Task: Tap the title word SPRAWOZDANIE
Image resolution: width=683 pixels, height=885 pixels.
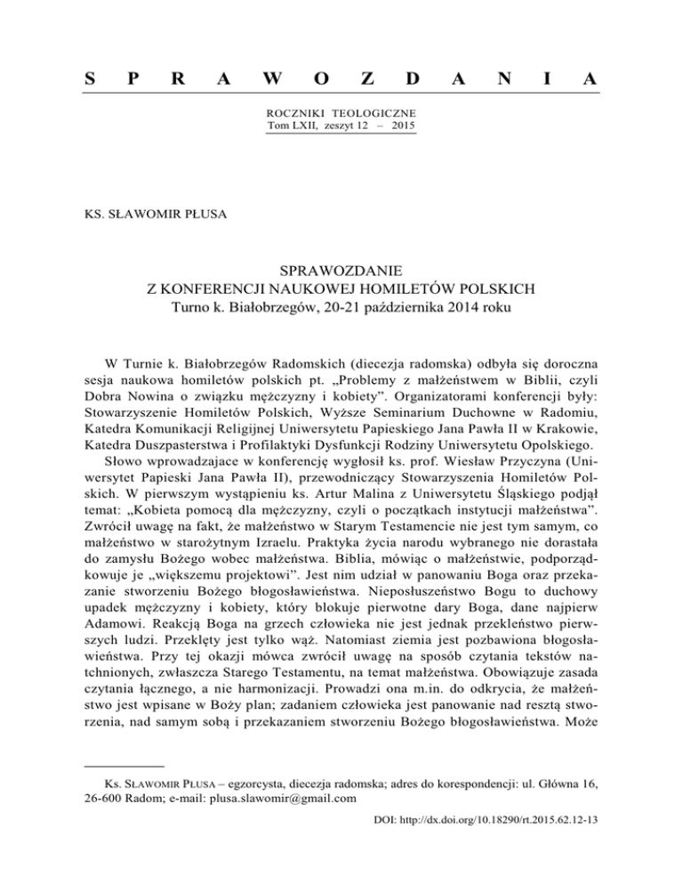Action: (341, 269)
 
